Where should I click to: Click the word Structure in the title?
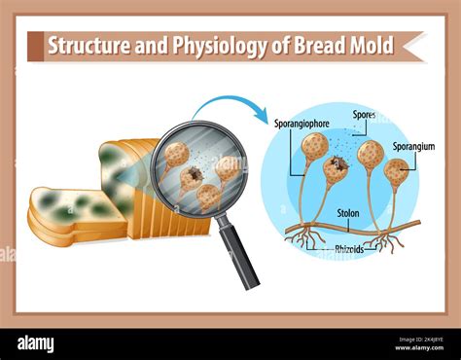pyautogui.click(x=85, y=46)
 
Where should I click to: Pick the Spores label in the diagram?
pyautogui.click(x=364, y=115)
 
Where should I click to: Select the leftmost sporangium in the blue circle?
pyautogui.click(x=314, y=147)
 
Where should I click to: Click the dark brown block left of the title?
pyautogui.click(x=36, y=46)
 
